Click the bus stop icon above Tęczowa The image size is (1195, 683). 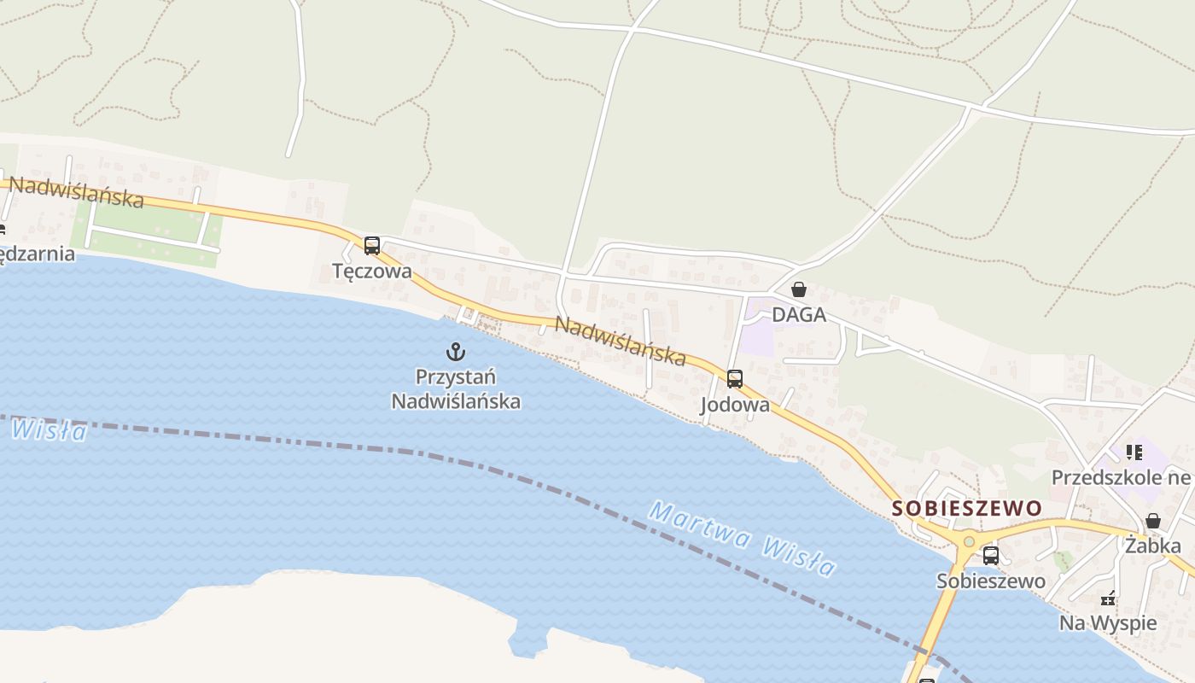(371, 246)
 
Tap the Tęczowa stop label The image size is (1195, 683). (372, 271)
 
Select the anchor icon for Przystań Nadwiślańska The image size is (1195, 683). (456, 351)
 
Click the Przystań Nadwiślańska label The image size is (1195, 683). (456, 388)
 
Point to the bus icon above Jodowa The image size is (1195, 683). (734, 379)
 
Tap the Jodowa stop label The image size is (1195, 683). (735, 405)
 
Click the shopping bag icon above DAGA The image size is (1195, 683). (798, 290)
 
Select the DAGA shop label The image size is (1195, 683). (799, 315)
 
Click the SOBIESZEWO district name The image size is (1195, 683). (967, 508)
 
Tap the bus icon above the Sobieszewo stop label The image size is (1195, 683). (990, 556)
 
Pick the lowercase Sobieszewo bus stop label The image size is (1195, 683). (991, 581)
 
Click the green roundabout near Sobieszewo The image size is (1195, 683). (968, 541)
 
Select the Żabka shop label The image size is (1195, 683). (1152, 546)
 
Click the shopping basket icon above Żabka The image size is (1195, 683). (1152, 521)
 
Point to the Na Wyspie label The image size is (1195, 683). (1108, 623)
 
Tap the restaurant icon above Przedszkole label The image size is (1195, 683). (1134, 452)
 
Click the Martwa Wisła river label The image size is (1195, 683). (741, 538)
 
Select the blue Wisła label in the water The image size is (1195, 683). (50, 429)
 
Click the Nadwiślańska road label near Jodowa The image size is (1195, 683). (621, 340)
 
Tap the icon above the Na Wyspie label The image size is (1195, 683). (1108, 598)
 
